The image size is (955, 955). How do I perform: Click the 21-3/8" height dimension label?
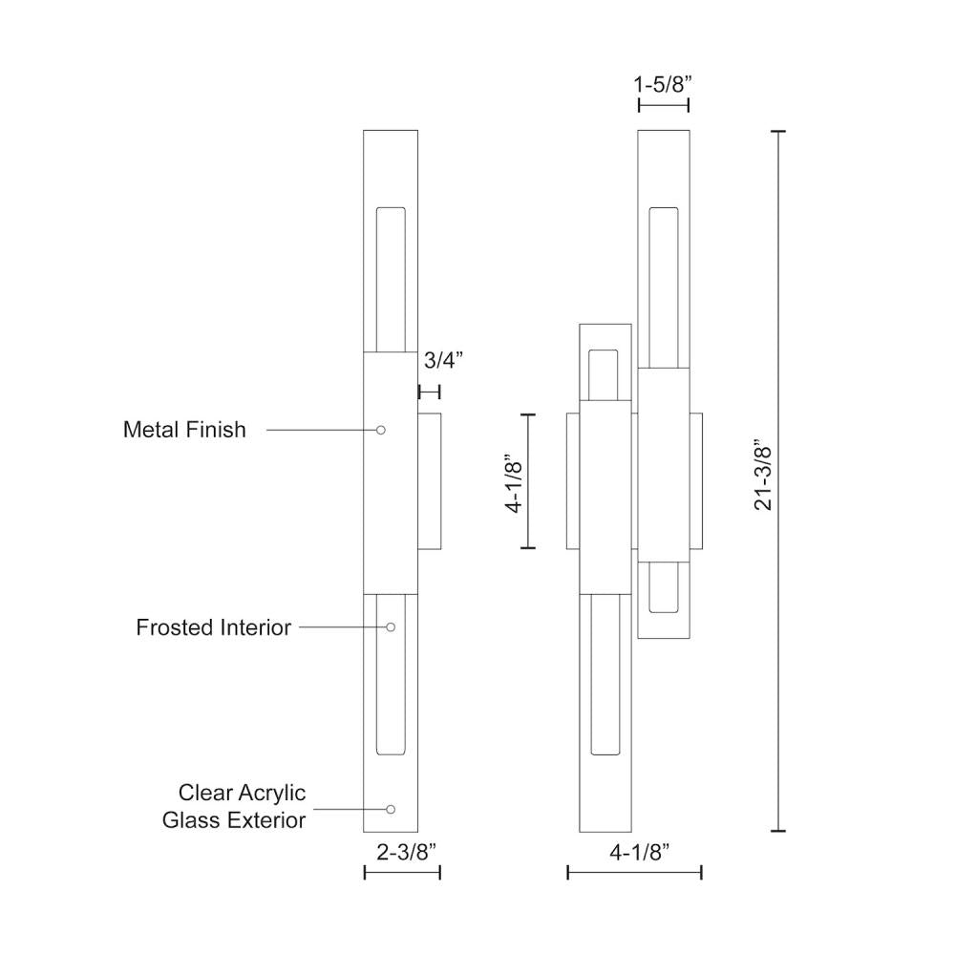pos(763,476)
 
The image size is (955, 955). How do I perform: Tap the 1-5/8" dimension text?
pos(663,84)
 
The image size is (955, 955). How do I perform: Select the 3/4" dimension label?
pos(442,360)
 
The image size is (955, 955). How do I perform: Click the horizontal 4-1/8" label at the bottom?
pos(634,852)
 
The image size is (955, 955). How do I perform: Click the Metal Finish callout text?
pos(184,430)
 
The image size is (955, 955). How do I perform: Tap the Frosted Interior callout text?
pos(213,627)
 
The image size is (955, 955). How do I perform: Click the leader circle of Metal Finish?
pos(381,431)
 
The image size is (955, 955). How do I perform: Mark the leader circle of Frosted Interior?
pos(391,627)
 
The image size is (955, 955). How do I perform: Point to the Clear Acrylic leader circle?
pos(391,809)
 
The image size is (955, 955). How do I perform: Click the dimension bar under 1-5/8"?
pos(664,105)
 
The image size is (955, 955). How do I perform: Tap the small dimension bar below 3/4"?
pos(429,392)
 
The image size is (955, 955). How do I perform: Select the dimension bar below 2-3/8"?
pos(402,872)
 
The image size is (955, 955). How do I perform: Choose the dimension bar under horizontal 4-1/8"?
pos(634,872)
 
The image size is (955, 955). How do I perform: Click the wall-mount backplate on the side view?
pos(429,481)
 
